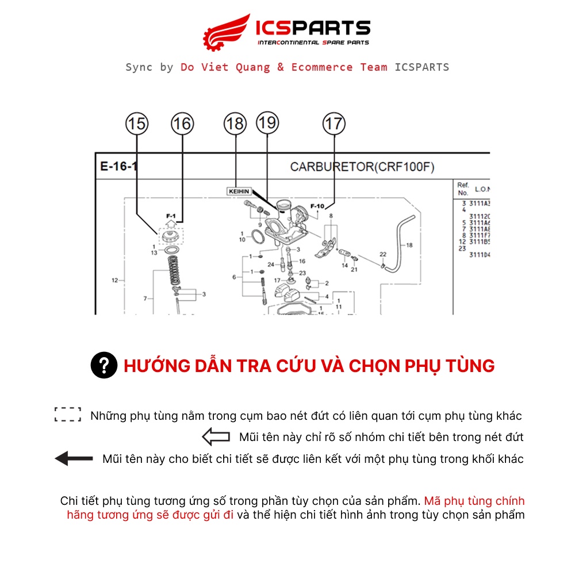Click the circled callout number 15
pyautogui.click(x=137, y=124)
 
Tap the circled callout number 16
pyautogui.click(x=182, y=124)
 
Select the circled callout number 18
pyautogui.click(x=235, y=124)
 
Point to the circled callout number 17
pyautogui.click(x=333, y=124)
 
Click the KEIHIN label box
pyautogui.click(x=237, y=191)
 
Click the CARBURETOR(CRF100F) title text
pyautogui.click(x=362, y=167)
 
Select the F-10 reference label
pyautogui.click(x=317, y=206)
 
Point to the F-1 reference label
pyautogui.click(x=171, y=216)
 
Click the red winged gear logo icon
pyautogui.click(x=227, y=32)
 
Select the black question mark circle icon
pyautogui.click(x=104, y=366)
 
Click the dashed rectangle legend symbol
pyautogui.click(x=68, y=415)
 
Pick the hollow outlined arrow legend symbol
pyautogui.click(x=216, y=438)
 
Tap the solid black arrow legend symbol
pyautogui.click(x=74, y=459)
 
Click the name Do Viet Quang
pyautogui.click(x=225, y=67)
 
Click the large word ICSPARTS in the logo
pyautogui.click(x=313, y=28)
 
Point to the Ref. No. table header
pyautogui.click(x=463, y=189)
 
